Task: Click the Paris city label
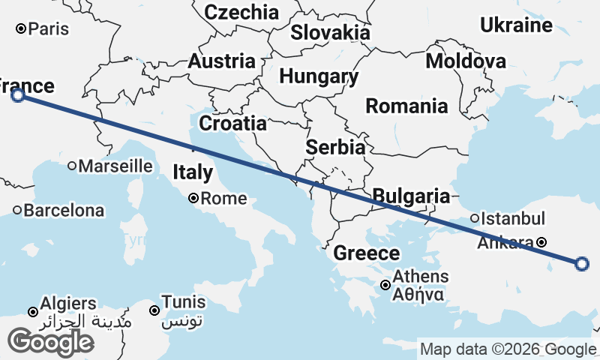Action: [49, 29]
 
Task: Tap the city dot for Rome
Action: [193, 199]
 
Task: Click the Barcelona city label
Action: [64, 211]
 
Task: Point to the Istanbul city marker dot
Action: [475, 219]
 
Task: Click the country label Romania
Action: [406, 106]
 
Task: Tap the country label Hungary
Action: [319, 76]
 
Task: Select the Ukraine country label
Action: [516, 25]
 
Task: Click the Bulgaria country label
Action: [411, 196]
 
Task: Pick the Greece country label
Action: [366, 253]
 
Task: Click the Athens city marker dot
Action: [385, 285]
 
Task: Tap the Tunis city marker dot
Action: [154, 310]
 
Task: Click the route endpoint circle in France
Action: [18, 94]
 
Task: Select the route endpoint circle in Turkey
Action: [582, 263]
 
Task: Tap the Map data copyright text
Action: [508, 349]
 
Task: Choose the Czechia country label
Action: [241, 12]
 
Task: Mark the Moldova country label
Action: [465, 61]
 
